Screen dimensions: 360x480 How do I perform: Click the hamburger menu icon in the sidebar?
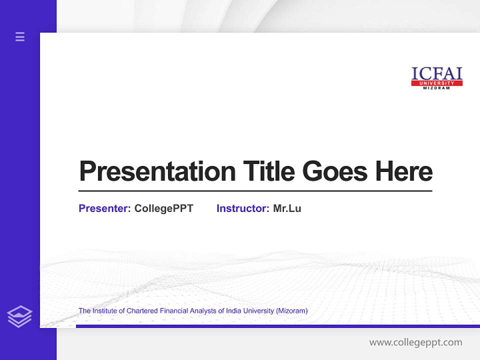[20, 36]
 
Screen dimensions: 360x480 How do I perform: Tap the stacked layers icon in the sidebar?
[19, 316]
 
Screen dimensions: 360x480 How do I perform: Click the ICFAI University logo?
[436, 78]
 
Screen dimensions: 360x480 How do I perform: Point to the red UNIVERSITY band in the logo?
[436, 83]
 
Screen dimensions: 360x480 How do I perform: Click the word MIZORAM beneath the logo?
[436, 88]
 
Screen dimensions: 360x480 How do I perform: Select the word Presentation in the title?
[157, 171]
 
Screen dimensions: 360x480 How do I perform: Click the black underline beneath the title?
[255, 190]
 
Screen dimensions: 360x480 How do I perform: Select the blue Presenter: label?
[104, 208]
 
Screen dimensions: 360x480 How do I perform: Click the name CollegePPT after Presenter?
[163, 208]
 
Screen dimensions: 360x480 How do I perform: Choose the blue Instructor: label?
[242, 208]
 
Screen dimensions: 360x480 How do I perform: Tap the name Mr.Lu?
[287, 208]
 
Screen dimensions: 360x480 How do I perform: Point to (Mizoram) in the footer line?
[291, 311]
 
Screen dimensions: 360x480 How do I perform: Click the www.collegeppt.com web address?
[415, 342]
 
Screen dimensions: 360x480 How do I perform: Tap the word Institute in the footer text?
[104, 311]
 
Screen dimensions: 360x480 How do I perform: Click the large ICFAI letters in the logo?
[436, 73]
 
